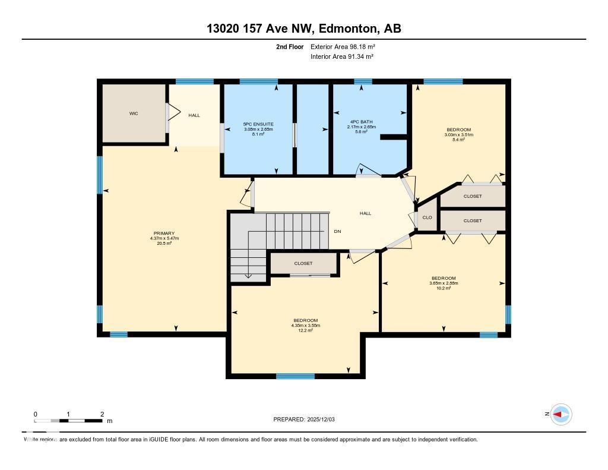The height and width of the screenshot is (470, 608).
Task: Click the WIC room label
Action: click(134, 113)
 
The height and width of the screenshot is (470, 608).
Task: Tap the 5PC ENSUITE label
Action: click(258, 124)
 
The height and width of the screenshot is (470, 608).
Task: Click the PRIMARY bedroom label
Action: click(164, 233)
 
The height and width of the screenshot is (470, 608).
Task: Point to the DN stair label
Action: click(337, 231)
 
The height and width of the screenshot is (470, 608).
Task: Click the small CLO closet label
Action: click(427, 217)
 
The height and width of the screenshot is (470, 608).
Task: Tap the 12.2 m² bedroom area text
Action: click(306, 330)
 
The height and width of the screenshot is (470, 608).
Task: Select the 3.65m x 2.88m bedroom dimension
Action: click(444, 283)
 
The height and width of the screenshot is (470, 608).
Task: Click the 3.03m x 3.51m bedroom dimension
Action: click(459, 135)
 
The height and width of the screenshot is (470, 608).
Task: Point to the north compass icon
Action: click(560, 414)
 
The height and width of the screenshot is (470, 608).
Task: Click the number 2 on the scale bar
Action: click(102, 414)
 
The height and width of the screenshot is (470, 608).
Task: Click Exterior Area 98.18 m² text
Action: click(343, 46)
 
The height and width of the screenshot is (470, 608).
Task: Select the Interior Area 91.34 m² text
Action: click(341, 56)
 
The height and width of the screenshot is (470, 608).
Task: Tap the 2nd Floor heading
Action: click(290, 46)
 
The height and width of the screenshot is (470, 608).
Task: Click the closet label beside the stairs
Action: click(303, 263)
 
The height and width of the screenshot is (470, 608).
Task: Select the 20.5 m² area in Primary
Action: click(164, 244)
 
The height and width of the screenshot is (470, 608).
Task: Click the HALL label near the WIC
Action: click(194, 115)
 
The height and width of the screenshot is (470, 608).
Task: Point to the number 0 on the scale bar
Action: click(36, 414)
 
